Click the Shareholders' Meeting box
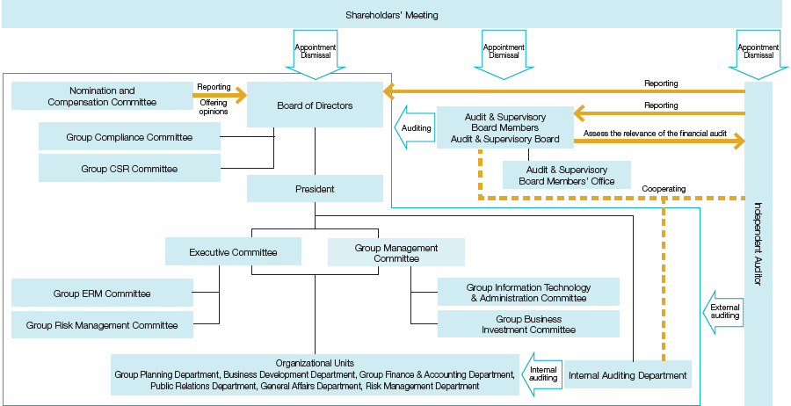[391, 15]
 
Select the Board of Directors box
[315, 105]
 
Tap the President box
[315, 189]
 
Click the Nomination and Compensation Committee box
[102, 96]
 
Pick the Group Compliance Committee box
[129, 137]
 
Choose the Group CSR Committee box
[129, 169]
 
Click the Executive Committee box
[233, 252]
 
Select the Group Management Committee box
[395, 253]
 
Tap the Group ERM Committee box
[102, 294]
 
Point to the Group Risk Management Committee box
[102, 325]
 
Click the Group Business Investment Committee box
[528, 324]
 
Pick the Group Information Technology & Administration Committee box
[528, 293]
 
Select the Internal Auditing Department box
[628, 375]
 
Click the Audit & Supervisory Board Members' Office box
[566, 175]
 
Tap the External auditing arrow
[723, 310]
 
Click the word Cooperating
[664, 188]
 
